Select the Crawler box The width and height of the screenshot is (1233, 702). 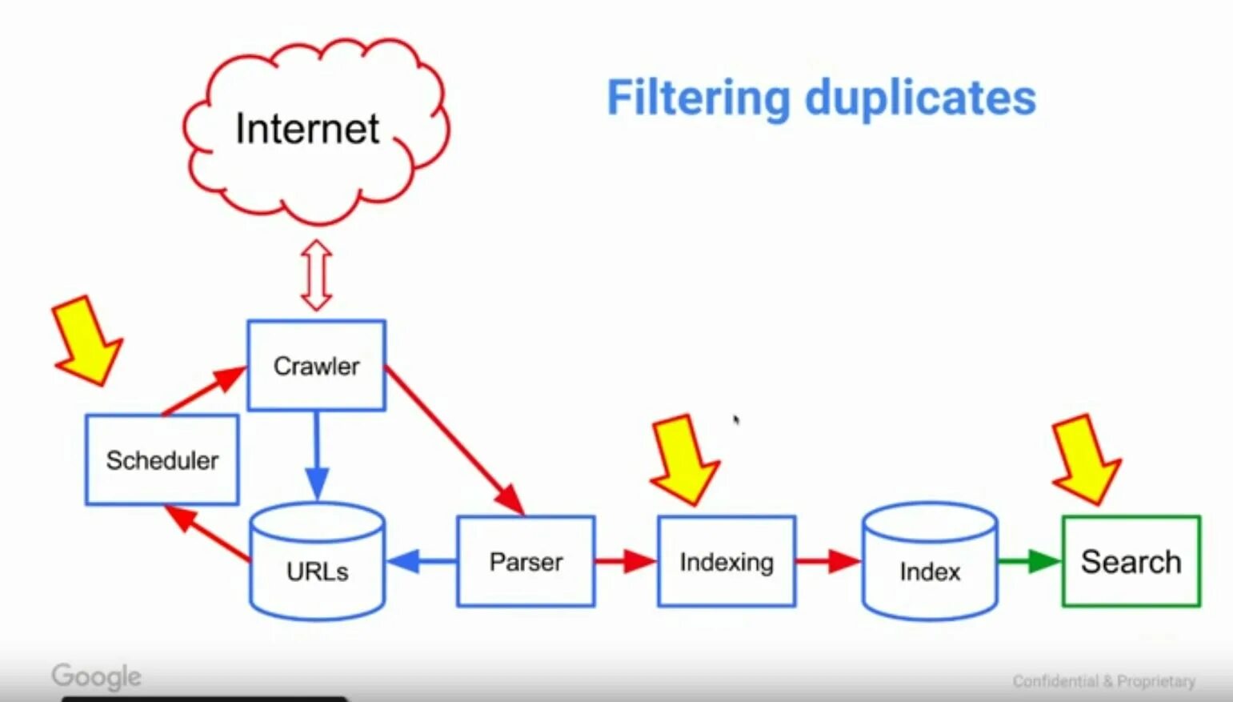(316, 366)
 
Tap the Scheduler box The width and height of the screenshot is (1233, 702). (162, 459)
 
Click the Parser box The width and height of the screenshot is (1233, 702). (526, 561)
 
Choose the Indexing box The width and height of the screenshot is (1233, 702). (726, 561)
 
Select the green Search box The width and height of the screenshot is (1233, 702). (1131, 561)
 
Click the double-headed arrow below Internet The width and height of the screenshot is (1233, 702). (317, 275)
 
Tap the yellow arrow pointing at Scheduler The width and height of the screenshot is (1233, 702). (86, 340)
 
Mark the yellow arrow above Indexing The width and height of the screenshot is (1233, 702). (684, 459)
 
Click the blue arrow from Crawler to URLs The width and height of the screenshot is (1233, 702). (317, 456)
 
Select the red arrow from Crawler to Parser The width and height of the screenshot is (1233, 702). (454, 439)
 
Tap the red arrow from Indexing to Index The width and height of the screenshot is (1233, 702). (828, 560)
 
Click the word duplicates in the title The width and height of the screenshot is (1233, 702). (920, 98)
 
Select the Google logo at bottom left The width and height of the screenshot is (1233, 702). (97, 677)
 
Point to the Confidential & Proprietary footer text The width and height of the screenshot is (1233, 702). (1103, 681)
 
